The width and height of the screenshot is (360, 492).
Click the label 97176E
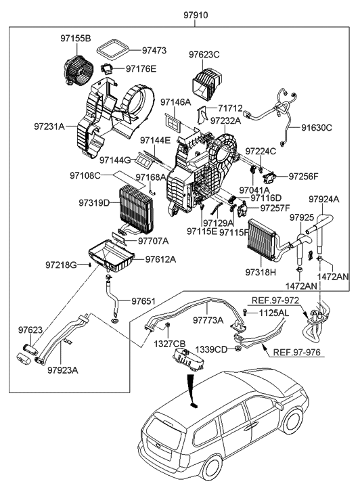(x=141, y=68)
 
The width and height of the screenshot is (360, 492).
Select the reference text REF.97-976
(x=297, y=352)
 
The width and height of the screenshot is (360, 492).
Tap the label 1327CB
(x=170, y=344)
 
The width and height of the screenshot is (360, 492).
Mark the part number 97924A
(x=326, y=200)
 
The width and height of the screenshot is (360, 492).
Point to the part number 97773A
(x=210, y=320)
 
